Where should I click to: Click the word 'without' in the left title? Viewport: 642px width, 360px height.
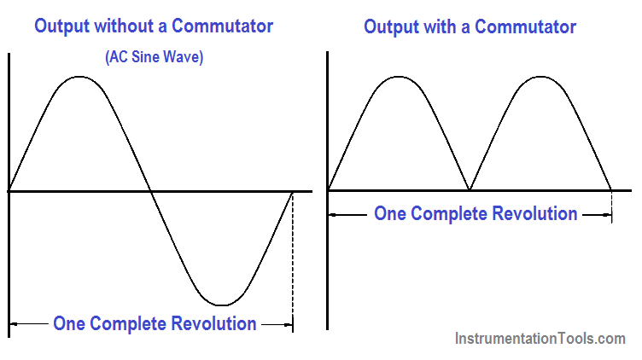(x=125, y=26)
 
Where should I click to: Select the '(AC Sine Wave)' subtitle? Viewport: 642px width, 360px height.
(x=155, y=57)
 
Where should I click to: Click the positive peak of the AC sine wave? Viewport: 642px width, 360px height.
(x=79, y=77)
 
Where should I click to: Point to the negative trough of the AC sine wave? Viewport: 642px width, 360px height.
(x=221, y=305)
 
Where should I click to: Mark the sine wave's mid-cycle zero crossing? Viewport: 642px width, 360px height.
(x=150, y=191)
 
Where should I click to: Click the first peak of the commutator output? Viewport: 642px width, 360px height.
(x=399, y=77)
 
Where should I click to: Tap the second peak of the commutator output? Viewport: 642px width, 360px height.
(x=541, y=77)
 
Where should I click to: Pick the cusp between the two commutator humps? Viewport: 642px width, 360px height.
(x=470, y=189)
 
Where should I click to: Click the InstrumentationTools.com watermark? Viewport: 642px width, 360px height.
(x=540, y=339)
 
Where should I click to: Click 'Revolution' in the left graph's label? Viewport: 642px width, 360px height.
(x=213, y=323)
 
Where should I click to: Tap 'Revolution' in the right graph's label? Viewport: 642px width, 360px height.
(x=534, y=213)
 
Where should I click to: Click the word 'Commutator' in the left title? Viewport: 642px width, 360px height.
(x=222, y=26)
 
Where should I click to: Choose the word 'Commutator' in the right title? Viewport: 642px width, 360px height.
(x=525, y=27)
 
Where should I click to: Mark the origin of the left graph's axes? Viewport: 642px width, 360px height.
(x=9, y=191)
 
